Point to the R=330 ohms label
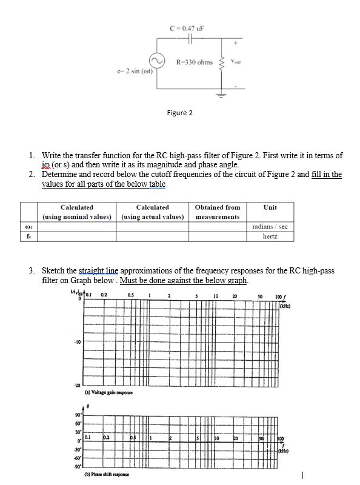coord(194,62)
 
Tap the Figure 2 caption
coord(179,113)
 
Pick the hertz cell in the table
coord(270,236)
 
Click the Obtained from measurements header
coord(218,212)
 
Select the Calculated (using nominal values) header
coord(77,212)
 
